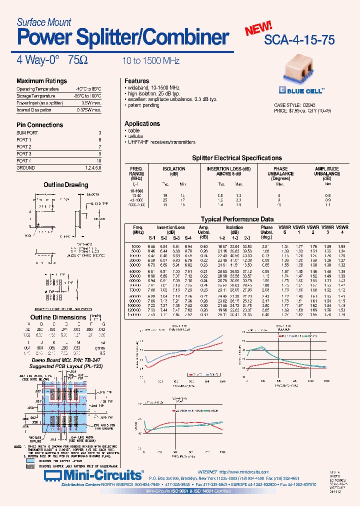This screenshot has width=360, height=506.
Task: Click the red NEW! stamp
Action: click(x=258, y=28)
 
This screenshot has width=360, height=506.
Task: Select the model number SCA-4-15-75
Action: click(x=300, y=40)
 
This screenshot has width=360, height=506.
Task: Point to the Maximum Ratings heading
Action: click(x=41, y=81)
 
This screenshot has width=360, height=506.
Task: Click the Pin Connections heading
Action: click(x=40, y=125)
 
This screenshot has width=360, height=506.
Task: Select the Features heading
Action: click(x=137, y=81)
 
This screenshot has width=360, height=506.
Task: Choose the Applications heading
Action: click(x=142, y=123)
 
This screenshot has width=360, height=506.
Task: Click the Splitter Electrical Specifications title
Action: click(x=237, y=158)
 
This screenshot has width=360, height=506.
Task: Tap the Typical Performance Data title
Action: click(x=237, y=219)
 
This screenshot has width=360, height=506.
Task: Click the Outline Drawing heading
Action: click(x=66, y=185)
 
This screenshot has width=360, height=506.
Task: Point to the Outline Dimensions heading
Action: click(x=58, y=317)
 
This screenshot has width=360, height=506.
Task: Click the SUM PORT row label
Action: click(x=27, y=133)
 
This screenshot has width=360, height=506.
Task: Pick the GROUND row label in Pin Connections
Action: click(x=26, y=168)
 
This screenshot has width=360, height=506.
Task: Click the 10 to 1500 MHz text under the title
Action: click(x=151, y=60)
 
